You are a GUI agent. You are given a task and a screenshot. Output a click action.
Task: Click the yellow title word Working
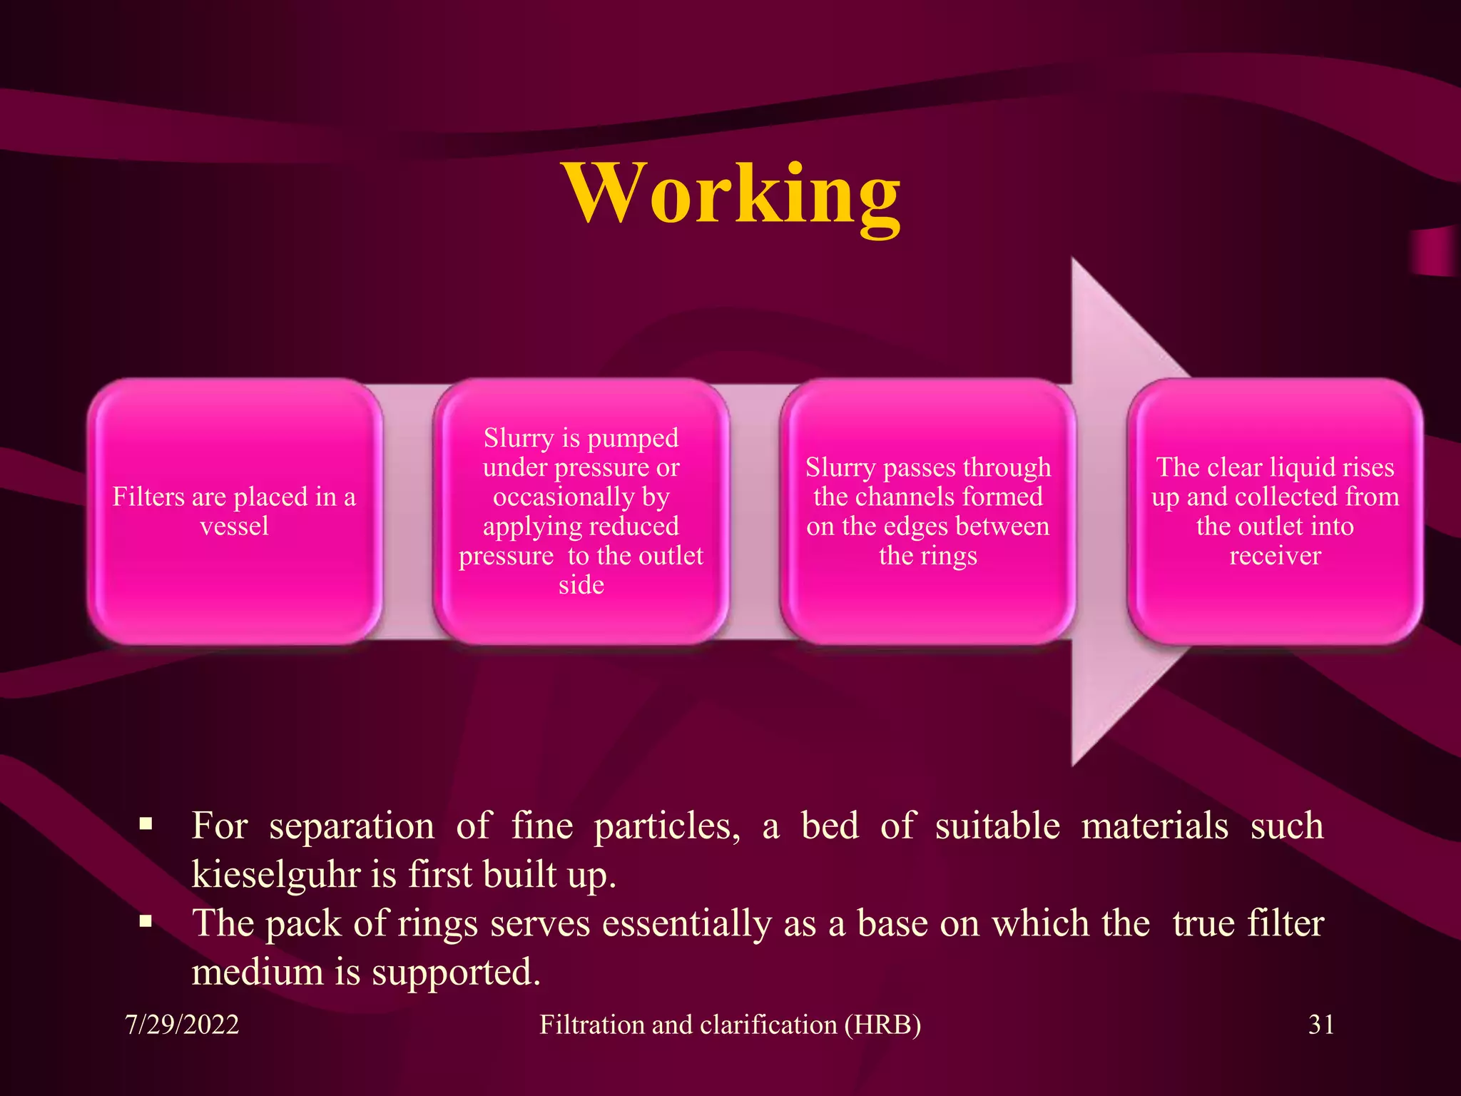(x=732, y=194)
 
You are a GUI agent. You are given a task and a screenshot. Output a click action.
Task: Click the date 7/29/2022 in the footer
(x=182, y=1025)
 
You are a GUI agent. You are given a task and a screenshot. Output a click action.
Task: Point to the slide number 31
(x=1321, y=1025)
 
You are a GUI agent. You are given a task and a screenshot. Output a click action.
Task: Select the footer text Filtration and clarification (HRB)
(x=730, y=1025)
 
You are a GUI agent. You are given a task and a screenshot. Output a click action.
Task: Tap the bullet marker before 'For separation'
(x=146, y=825)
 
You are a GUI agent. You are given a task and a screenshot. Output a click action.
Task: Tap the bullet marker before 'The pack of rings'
(x=146, y=922)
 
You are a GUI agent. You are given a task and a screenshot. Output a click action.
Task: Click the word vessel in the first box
(x=234, y=527)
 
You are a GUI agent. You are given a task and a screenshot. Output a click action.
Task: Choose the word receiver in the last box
(x=1275, y=556)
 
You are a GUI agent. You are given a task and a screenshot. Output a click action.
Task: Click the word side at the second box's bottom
(x=581, y=585)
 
